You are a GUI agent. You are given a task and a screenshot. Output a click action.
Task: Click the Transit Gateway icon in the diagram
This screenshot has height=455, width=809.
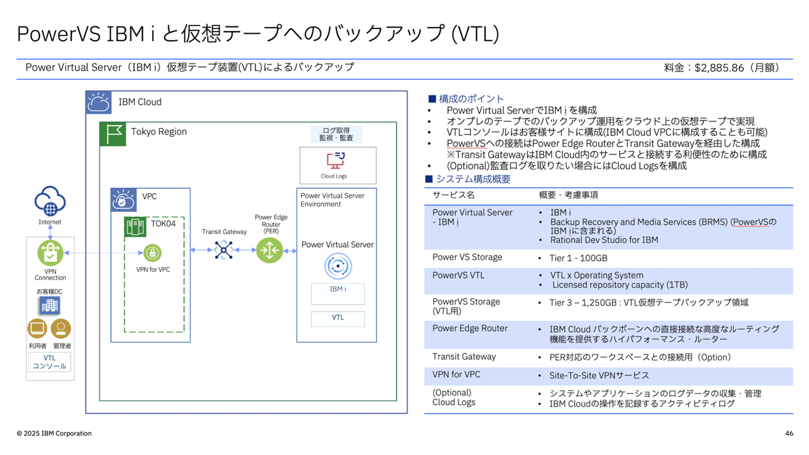(x=223, y=250)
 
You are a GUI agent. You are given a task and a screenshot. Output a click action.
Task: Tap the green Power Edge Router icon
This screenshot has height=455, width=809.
(x=270, y=250)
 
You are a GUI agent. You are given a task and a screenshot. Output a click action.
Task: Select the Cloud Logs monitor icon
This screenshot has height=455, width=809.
(x=335, y=161)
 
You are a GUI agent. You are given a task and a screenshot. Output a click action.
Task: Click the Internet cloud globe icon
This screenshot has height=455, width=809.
(x=50, y=202)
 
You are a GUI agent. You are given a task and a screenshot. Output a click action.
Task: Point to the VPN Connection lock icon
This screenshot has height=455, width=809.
(x=50, y=253)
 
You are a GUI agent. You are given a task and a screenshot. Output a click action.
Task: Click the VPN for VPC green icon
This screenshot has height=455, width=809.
(x=153, y=252)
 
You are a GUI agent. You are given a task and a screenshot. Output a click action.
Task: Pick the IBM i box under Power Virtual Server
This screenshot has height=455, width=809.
(x=338, y=293)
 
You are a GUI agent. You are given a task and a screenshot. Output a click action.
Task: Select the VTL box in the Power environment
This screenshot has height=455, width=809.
(x=338, y=318)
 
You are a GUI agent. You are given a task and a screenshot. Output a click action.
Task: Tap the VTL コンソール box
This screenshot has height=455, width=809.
(x=50, y=362)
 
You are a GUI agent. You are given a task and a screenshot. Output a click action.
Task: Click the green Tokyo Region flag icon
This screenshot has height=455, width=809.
(x=113, y=134)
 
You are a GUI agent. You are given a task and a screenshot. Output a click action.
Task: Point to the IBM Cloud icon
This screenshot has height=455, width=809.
(x=99, y=102)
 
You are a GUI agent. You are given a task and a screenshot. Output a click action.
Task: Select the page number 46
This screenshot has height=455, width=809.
(x=789, y=433)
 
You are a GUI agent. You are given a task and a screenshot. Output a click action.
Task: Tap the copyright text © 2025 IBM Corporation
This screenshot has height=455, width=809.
(x=54, y=433)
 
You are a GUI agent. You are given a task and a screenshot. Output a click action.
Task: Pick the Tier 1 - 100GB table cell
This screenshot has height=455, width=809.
(x=578, y=258)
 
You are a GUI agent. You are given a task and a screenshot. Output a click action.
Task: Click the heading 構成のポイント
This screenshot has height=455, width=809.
(x=471, y=99)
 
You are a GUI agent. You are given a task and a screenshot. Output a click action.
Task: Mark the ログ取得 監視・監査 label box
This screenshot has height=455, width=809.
(x=336, y=134)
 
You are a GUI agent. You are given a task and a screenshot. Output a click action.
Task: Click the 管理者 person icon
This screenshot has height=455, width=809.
(x=61, y=328)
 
